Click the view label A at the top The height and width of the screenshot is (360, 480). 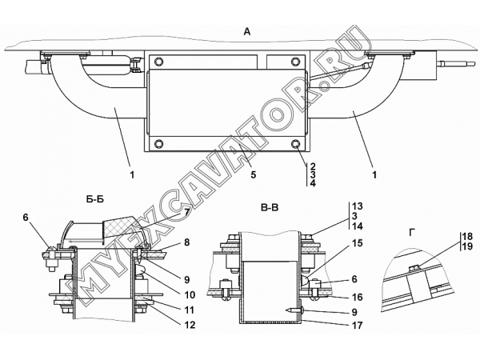(x=247, y=31)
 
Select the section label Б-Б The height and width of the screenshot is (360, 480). (x=95, y=199)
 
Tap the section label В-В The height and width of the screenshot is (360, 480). (x=270, y=208)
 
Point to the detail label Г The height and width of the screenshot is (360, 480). (x=413, y=234)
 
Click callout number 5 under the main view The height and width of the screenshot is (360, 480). (x=253, y=174)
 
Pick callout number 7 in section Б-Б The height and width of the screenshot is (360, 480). (x=186, y=212)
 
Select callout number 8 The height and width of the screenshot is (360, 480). (x=186, y=242)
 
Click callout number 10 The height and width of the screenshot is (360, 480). (x=190, y=294)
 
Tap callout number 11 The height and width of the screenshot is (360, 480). (x=189, y=310)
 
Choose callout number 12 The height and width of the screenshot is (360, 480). (x=190, y=325)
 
